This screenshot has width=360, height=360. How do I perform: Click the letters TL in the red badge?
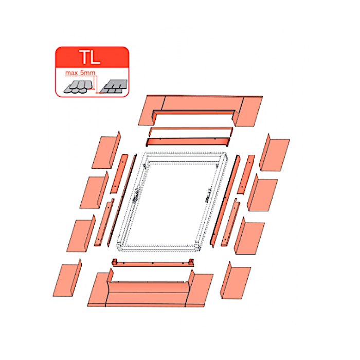click(x=89, y=57)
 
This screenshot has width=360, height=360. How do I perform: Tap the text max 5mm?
click(x=80, y=73)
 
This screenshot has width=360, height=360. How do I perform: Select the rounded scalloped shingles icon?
click(x=79, y=87)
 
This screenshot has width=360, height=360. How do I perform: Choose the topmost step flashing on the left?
click(x=106, y=150)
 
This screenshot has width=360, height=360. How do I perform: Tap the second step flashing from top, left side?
click(x=94, y=191)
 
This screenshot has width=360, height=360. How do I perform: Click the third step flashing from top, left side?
click(x=81, y=234)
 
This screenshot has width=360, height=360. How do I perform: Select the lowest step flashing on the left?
click(x=67, y=278)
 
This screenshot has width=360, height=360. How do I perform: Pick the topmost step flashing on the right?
click(x=274, y=153)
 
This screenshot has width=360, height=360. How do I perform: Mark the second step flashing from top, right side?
click(x=262, y=193)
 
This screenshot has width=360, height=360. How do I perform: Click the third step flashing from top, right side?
click(x=249, y=237)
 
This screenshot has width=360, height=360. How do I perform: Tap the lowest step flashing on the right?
click(x=236, y=281)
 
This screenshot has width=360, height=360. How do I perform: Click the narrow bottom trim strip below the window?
click(x=153, y=263)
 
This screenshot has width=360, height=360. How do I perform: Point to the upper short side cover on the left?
click(x=119, y=174)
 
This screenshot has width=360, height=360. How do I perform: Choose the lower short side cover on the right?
click(x=230, y=223)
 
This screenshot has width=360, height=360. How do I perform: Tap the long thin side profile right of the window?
click(x=225, y=202)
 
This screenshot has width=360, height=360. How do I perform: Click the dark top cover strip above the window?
click(x=188, y=141)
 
